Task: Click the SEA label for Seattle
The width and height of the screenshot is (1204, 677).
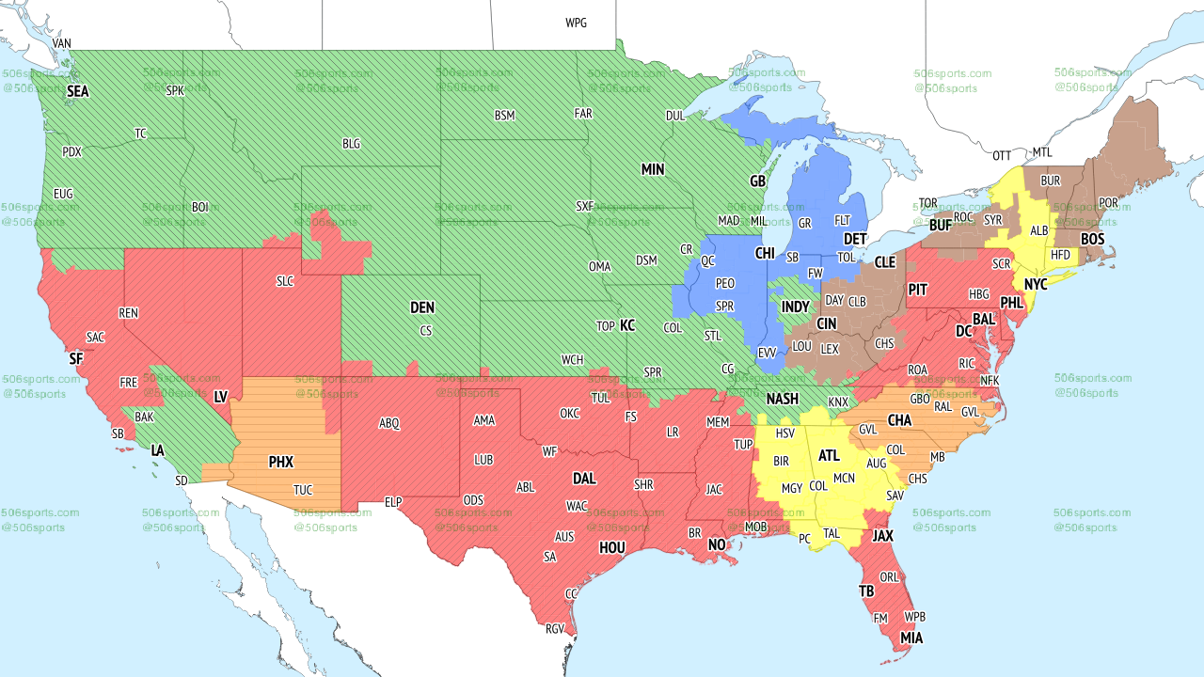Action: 77,92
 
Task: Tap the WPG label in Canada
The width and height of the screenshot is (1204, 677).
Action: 576,23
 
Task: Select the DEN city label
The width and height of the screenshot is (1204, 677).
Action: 422,307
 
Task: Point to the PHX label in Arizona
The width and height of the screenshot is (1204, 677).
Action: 280,463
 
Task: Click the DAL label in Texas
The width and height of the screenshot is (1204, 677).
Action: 584,479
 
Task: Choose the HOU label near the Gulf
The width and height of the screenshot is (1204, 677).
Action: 612,547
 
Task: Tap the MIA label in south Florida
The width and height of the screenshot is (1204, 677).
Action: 911,638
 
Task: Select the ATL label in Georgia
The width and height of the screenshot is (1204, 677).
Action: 829,456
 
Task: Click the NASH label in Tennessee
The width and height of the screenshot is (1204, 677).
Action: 782,400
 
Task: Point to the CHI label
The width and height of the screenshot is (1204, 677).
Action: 765,254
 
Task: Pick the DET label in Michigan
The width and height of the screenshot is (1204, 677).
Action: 854,241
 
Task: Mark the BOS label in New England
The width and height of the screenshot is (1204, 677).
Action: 1092,240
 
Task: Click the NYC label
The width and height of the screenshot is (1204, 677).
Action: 1036,284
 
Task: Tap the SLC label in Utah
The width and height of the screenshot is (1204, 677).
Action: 285,281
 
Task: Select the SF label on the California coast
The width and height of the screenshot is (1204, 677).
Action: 76,359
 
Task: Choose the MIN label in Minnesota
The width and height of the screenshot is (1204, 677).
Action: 653,170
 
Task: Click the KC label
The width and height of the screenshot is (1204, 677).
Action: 627,326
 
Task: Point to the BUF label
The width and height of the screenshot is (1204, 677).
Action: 940,226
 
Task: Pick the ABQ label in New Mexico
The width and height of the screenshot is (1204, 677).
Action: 389,424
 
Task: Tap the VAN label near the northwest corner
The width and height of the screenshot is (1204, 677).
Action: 62,43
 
